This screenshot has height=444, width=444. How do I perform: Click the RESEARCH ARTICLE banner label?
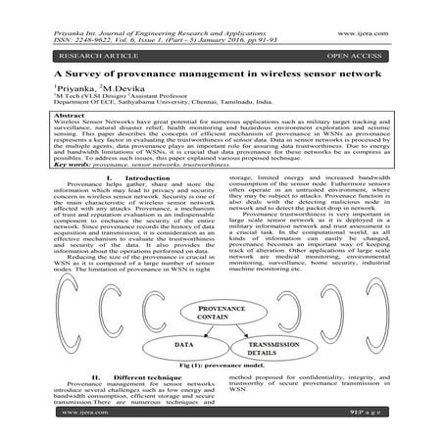click(62, 57)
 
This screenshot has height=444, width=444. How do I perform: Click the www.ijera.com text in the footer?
click(50, 427)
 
